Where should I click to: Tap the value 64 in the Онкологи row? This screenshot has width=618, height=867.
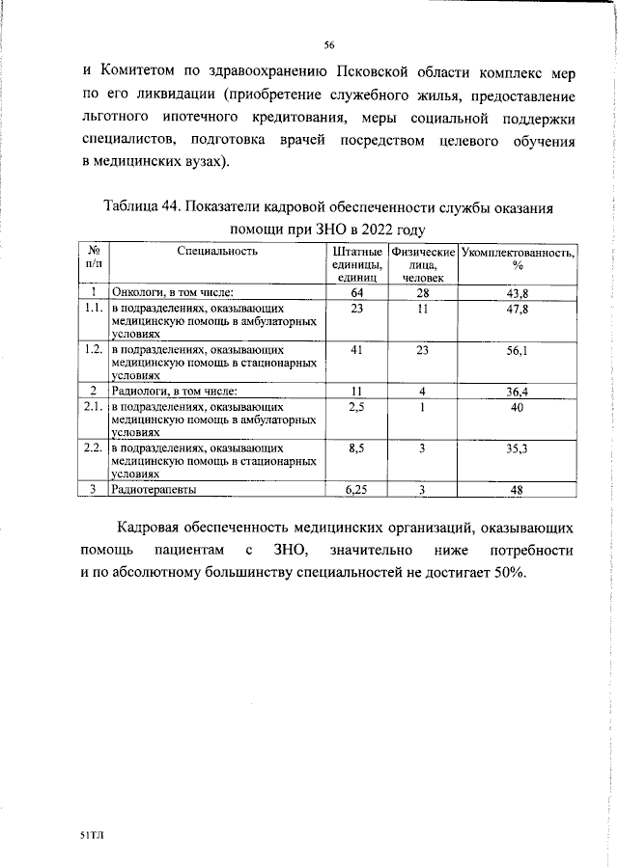click(356, 292)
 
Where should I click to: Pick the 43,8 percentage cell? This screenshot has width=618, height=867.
click(518, 292)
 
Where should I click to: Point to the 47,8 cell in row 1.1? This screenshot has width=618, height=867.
click(518, 309)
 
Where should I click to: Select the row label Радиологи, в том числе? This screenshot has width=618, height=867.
click(174, 391)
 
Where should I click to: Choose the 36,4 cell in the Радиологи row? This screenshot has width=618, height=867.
click(518, 391)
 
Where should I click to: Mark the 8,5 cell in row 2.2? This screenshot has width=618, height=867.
click(356, 448)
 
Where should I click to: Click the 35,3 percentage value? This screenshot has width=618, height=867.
click(518, 448)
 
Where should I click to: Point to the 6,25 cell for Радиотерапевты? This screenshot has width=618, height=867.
click(356, 489)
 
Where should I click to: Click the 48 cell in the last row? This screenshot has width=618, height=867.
click(518, 489)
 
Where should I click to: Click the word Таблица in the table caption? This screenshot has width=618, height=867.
click(136, 208)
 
